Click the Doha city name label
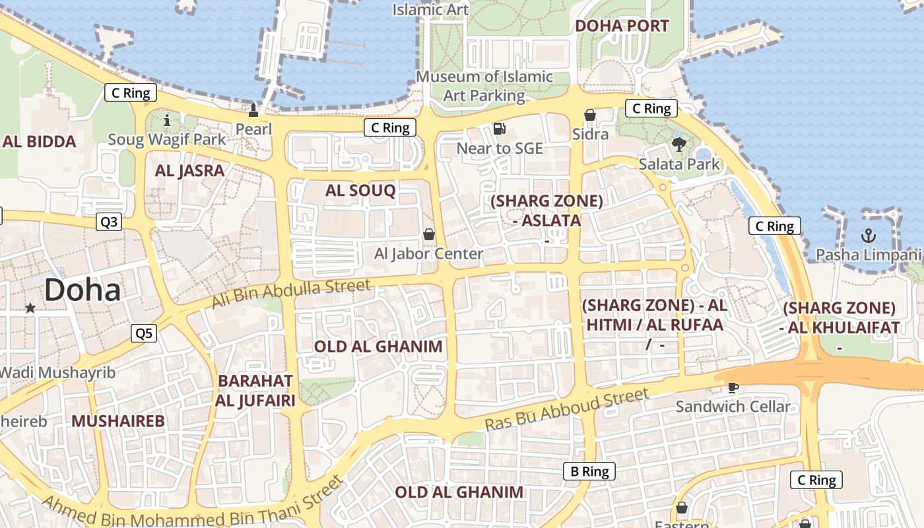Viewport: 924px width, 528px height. (83, 290)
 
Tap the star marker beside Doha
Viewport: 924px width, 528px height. (30, 308)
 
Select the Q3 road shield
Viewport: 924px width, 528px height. (109, 222)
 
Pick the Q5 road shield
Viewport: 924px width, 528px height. (144, 333)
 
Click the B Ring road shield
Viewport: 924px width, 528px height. (589, 471)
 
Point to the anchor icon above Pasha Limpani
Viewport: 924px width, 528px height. (869, 236)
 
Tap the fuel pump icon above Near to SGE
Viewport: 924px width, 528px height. (500, 128)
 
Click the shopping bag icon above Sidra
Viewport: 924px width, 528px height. (590, 115)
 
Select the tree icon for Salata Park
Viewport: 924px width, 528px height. (678, 144)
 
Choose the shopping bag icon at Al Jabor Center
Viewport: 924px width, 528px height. (429, 234)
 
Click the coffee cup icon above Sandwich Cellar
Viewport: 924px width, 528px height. (733, 387)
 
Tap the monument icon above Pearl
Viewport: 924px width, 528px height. (253, 109)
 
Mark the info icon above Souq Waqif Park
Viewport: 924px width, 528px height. (166, 120)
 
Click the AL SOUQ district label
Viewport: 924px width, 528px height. (360, 191)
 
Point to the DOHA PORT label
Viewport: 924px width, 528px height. (622, 26)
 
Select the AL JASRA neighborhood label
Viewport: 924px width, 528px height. (190, 171)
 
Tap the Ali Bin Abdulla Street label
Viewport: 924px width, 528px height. (291, 294)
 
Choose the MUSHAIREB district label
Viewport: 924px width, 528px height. (117, 421)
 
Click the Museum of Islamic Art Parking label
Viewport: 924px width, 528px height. (484, 86)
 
